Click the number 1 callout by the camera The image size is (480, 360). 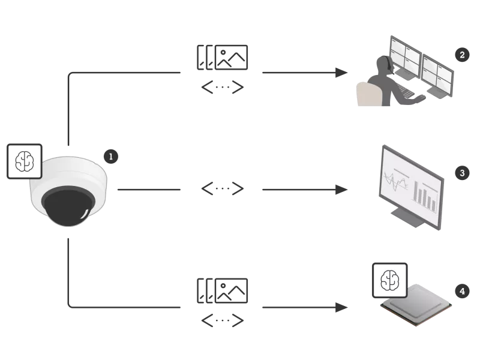coord(110,157)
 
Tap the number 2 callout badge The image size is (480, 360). coord(460,55)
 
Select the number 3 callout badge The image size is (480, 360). coord(461,173)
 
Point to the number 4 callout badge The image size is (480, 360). coord(461,292)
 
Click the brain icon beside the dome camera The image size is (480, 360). coord(24,160)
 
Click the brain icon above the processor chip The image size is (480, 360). coord(390,280)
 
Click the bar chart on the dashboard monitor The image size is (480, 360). coord(427,196)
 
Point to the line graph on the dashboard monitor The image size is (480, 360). coord(397,180)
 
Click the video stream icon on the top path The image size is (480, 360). coord(220,58)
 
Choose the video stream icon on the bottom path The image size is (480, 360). coord(220,289)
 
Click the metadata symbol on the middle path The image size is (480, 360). coord(221,190)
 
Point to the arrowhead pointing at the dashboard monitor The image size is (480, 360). coord(341,190)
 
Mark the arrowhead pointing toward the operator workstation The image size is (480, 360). coord(341,72)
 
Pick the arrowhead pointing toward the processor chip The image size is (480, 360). coord(341,307)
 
